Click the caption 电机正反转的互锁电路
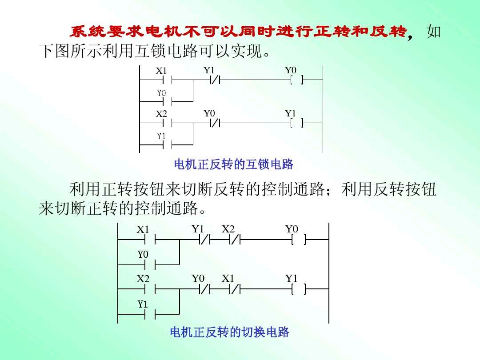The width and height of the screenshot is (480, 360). coord(233,165)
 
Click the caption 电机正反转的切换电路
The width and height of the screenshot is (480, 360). coord(229,332)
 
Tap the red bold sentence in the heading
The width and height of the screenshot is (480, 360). coord(238,32)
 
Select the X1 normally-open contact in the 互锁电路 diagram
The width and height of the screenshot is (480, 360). coord(167,80)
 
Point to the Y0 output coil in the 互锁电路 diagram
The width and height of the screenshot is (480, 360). coord(296,80)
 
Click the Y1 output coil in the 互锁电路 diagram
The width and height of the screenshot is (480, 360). coord(296,123)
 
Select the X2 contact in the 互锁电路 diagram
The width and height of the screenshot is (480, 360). coord(167,123)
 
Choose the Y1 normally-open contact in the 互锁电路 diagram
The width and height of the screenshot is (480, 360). coord(167,144)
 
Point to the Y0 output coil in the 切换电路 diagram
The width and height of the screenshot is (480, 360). coord(299,240)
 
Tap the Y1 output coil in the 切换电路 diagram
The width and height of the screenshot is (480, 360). coord(299,289)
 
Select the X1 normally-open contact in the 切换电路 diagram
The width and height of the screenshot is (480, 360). coord(150,240)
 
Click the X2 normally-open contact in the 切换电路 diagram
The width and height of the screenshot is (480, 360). coord(150,289)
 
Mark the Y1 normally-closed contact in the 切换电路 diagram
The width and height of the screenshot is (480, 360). coord(205,240)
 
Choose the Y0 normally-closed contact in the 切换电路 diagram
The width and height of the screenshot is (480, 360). coord(205,289)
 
